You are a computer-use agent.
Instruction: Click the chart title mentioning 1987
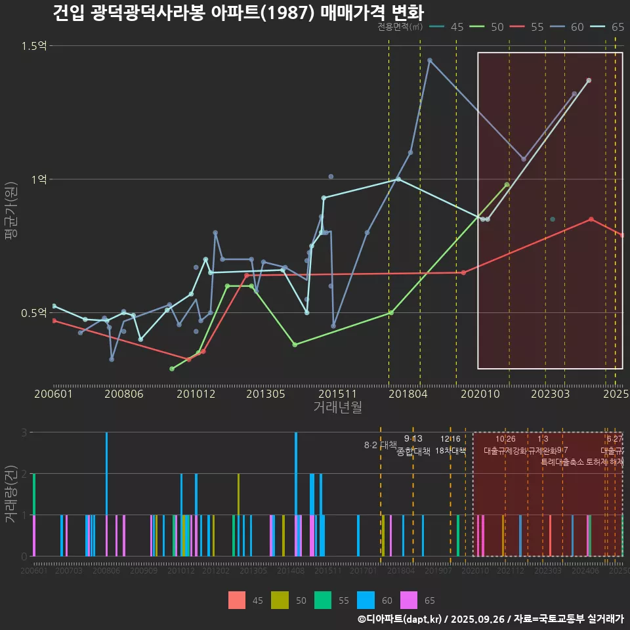[238, 13]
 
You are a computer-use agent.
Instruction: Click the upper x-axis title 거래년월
[337, 408]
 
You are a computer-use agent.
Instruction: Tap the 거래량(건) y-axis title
[11, 494]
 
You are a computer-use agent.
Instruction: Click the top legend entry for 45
[450, 27]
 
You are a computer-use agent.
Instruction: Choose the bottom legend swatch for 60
[366, 600]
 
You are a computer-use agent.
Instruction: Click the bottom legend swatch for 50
[280, 600]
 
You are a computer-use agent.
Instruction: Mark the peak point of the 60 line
[430, 60]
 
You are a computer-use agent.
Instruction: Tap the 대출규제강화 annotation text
[505, 451]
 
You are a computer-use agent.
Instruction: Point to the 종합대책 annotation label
[413, 451]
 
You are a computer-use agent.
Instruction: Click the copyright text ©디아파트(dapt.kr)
[400, 619]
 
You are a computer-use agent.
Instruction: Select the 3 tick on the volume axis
[24, 432]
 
